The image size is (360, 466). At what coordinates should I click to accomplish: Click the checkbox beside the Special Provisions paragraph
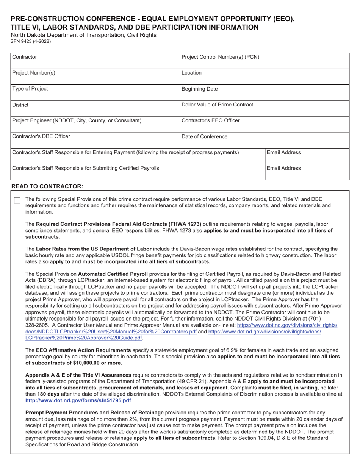(17, 200)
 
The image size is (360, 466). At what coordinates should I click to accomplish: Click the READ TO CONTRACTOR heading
(47, 186)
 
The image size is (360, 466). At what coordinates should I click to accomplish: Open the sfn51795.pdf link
(78, 400)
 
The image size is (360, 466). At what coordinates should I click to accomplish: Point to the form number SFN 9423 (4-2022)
(30, 41)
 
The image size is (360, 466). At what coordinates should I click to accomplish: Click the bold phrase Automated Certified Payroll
(113, 274)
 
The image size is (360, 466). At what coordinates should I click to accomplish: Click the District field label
(20, 105)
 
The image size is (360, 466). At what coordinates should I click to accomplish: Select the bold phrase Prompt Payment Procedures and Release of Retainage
(94, 413)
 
